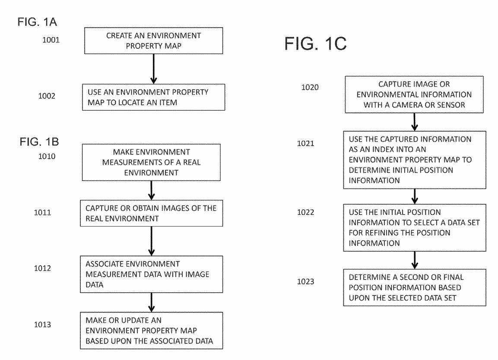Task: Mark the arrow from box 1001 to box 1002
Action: click(153, 69)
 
